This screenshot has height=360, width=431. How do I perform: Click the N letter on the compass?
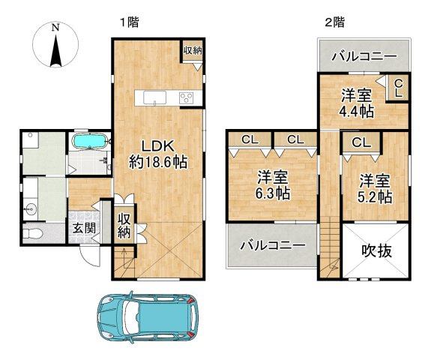click(x=55, y=28)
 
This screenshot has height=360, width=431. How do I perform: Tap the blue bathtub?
click(x=89, y=141)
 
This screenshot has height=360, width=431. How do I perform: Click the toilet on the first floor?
click(x=32, y=234)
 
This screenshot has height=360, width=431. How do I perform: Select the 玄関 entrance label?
click(x=84, y=228)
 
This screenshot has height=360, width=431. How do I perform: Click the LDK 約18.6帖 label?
click(x=158, y=154)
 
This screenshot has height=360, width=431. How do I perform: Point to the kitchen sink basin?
click(x=154, y=98)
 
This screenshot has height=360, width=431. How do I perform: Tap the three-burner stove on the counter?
click(x=186, y=98)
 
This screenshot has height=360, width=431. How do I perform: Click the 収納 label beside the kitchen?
click(x=193, y=50)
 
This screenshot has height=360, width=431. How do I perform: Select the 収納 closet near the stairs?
click(x=124, y=226)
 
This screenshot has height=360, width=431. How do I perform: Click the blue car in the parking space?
click(x=148, y=317)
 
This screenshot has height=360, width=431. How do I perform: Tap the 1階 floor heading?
click(x=129, y=22)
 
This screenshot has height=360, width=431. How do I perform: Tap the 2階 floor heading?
click(x=334, y=22)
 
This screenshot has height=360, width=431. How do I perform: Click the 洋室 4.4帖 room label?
click(x=357, y=103)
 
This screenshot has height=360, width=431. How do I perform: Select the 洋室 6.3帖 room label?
click(x=273, y=184)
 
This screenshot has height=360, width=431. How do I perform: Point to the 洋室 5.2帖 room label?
click(x=375, y=188)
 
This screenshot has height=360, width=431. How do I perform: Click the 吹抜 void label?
click(x=376, y=250)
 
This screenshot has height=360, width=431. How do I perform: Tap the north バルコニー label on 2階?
click(x=364, y=57)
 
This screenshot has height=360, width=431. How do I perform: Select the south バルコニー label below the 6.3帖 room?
click(x=273, y=245)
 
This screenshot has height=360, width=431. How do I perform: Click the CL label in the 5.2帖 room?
click(x=361, y=142)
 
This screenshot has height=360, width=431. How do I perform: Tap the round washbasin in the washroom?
click(x=30, y=210)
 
